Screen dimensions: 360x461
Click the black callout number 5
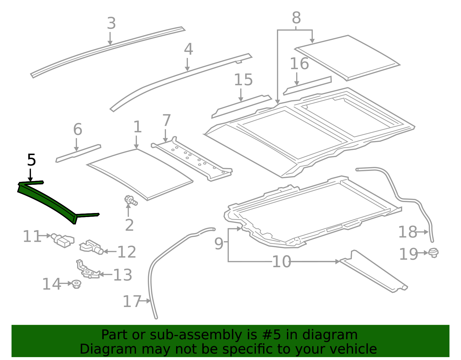(x=31, y=160)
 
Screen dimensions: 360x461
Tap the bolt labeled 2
(x=131, y=200)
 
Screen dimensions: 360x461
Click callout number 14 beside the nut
(x=52, y=284)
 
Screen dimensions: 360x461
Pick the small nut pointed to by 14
(x=76, y=284)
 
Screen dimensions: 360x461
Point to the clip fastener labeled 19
(x=433, y=252)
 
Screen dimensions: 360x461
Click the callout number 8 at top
(x=296, y=18)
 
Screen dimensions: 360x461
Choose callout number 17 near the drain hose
(x=132, y=301)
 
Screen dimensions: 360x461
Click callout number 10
(x=281, y=262)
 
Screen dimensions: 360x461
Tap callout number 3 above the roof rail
(x=111, y=24)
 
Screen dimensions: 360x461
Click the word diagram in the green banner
(x=340, y=335)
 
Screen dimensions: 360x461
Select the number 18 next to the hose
(x=407, y=232)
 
